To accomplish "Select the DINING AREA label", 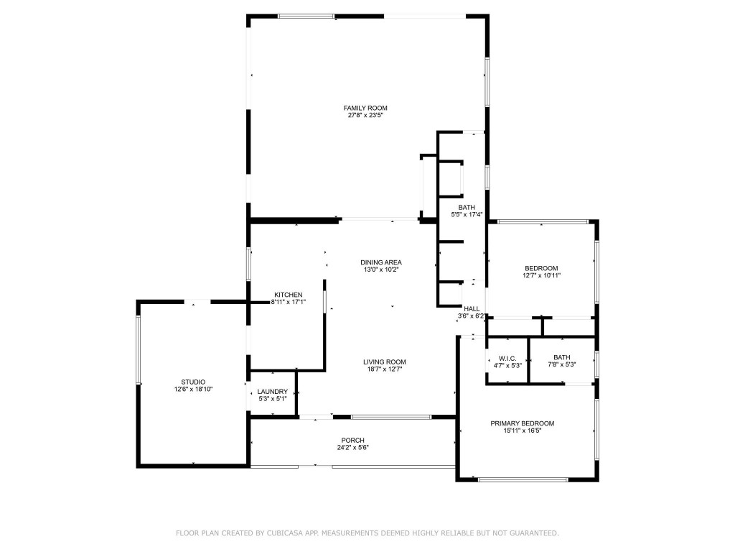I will click(x=380, y=262).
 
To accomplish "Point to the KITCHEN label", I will click(x=288, y=295).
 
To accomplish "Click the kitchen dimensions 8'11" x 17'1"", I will click(x=288, y=302).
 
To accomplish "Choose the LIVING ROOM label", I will click(x=384, y=362).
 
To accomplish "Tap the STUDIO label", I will click(x=193, y=382).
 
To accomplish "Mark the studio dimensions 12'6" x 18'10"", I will click(x=193, y=389).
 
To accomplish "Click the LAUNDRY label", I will click(x=272, y=392).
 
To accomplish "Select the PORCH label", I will click(x=352, y=440).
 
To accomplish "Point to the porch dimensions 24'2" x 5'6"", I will click(x=352, y=447).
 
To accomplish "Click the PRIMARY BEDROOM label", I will click(x=522, y=423).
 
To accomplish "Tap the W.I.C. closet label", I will click(x=507, y=357).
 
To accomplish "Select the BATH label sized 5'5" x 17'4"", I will click(x=467, y=207).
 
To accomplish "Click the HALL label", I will click(x=472, y=308).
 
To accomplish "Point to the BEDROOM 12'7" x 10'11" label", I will click(x=541, y=268).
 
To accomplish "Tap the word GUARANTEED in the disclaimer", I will click(x=530, y=533).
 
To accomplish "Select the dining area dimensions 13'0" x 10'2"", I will click(x=380, y=270).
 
